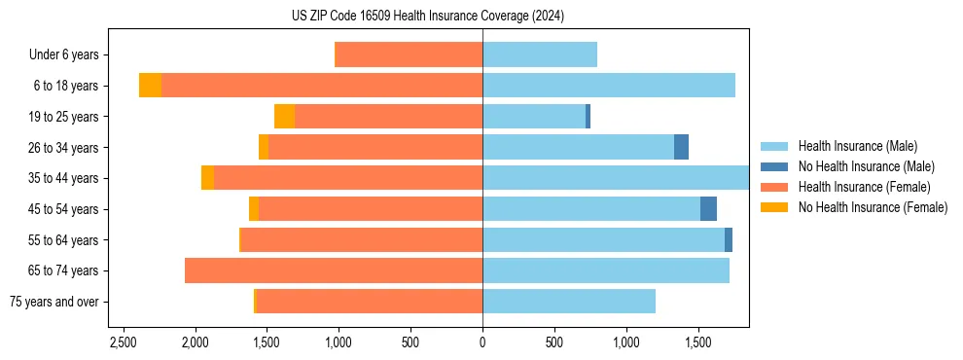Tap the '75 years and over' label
point(54,302)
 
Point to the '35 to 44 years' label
point(62,178)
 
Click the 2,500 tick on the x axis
point(124,342)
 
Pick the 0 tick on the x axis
point(482,342)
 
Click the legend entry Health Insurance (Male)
point(857,146)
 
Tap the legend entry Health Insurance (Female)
point(864,187)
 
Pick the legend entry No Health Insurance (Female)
point(873,207)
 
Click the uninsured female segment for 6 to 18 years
point(150,86)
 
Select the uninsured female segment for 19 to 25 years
point(284,117)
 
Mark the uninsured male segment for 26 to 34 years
point(681,147)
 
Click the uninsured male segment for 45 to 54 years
point(708,209)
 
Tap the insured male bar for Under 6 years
point(540,55)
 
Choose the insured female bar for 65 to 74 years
point(334,270)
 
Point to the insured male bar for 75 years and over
point(569,302)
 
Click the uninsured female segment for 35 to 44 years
point(207,178)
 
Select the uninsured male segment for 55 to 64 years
point(729,239)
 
